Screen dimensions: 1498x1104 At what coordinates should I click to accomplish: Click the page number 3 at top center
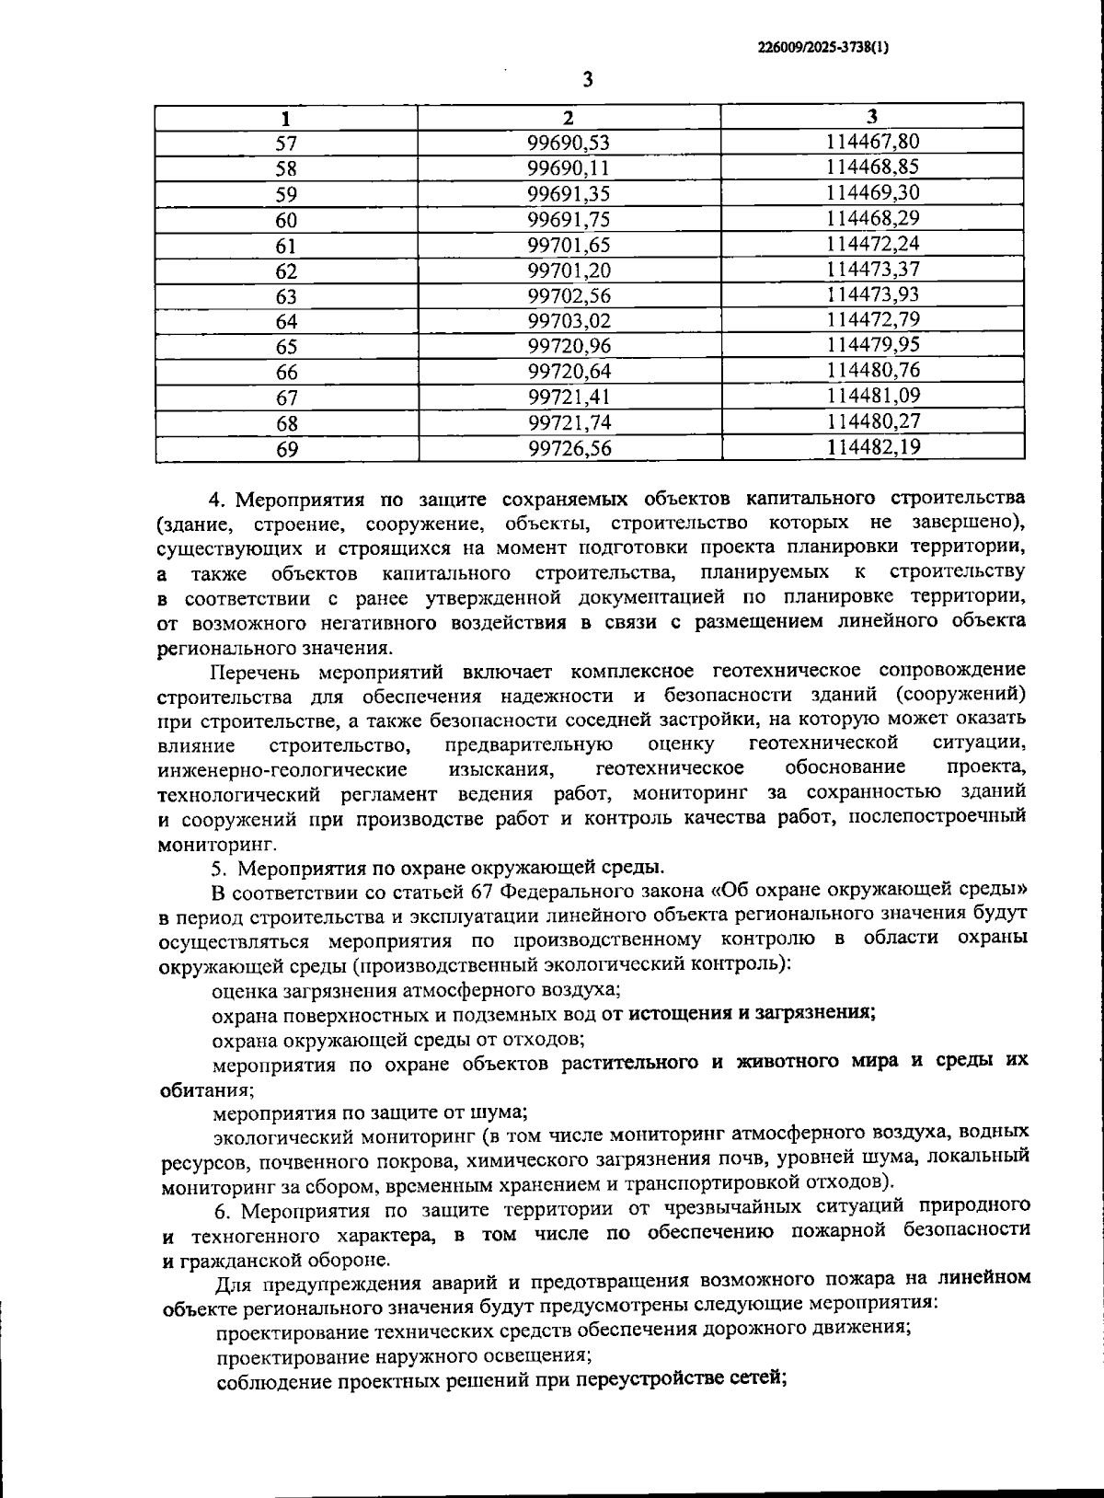click(x=587, y=79)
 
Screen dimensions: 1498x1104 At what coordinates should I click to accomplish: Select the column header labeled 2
click(x=569, y=118)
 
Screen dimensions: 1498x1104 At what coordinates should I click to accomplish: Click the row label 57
click(x=286, y=144)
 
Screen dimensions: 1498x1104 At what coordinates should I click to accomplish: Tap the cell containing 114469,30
click(x=872, y=193)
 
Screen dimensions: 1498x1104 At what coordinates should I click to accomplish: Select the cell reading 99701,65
click(x=569, y=246)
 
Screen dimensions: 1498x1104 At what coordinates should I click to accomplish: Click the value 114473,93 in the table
click(x=872, y=295)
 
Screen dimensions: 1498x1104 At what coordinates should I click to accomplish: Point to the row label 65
click(x=286, y=347)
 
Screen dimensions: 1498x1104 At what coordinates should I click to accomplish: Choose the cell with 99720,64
click(x=569, y=373)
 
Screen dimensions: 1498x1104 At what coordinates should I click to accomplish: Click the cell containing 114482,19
click(x=872, y=448)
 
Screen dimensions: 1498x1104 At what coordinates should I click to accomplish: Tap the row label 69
click(x=286, y=450)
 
